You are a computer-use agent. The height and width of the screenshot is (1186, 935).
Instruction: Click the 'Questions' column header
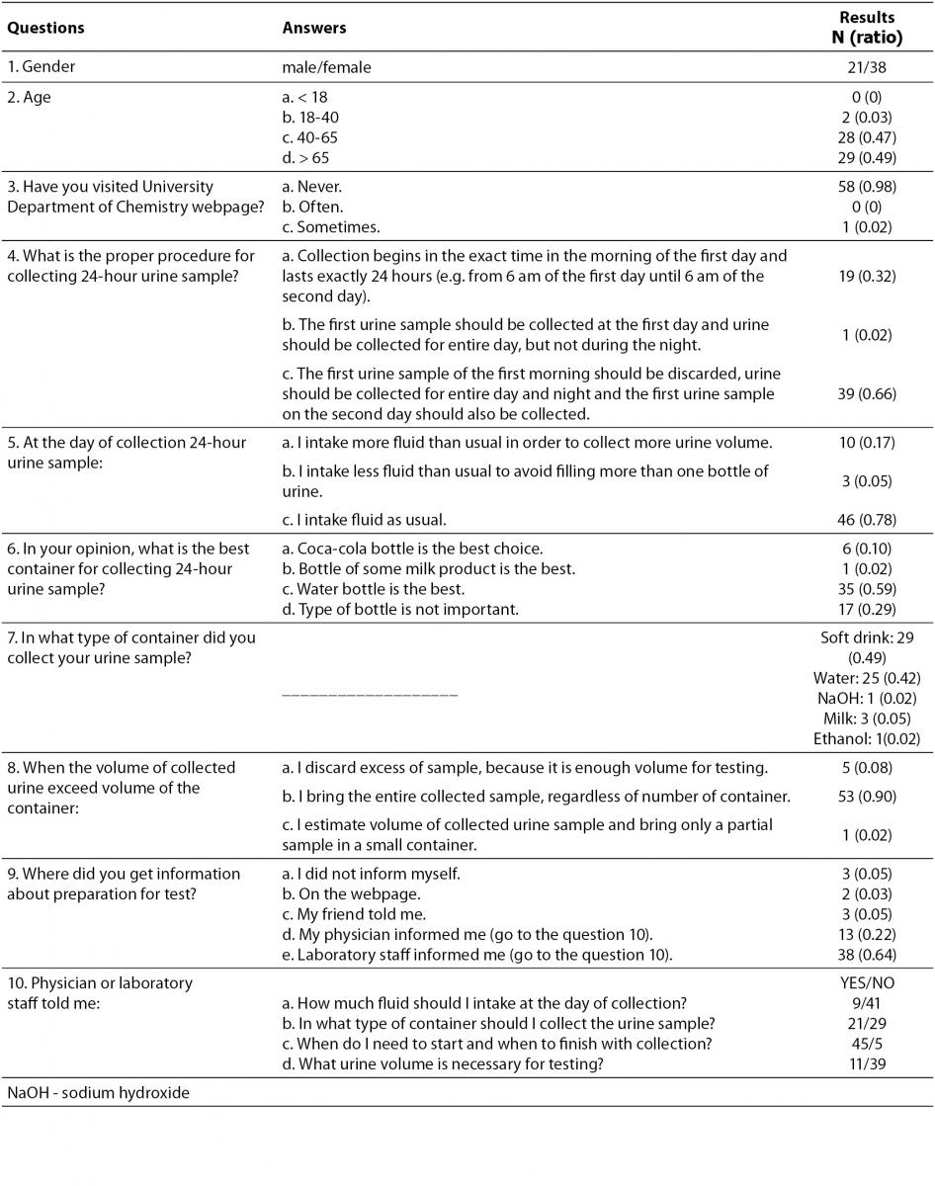coord(45,28)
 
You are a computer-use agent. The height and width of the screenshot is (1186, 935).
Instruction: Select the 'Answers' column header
coord(314,28)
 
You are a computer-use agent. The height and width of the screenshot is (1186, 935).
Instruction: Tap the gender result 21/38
coord(867,68)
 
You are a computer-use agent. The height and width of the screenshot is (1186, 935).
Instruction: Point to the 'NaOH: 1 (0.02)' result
coord(867,698)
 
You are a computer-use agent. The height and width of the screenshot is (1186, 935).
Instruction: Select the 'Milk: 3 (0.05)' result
coord(867,718)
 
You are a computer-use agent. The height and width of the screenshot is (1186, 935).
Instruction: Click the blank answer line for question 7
coord(370,695)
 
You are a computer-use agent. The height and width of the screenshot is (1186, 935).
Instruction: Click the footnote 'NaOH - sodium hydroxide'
coord(98,1092)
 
